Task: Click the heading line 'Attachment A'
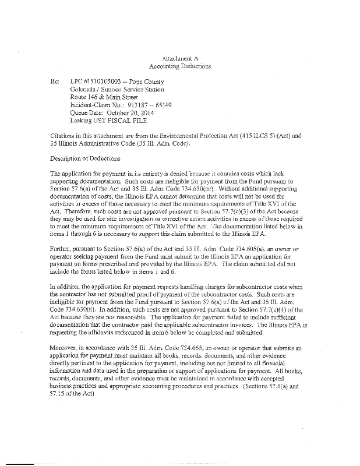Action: click(179, 59)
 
